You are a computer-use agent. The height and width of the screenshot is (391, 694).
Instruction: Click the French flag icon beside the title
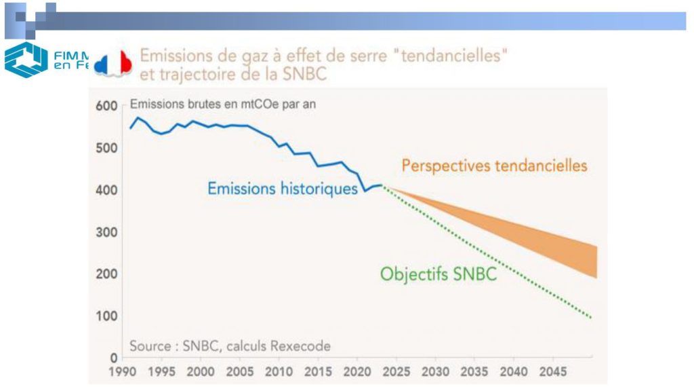coord(113,62)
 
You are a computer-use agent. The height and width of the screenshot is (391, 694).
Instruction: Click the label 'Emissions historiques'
coord(282,188)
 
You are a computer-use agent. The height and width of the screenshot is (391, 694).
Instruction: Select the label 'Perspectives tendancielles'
coord(494,165)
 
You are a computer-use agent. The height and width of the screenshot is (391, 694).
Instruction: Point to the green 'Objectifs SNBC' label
coord(438,274)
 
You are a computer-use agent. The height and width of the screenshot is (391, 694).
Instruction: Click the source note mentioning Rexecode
coord(230,346)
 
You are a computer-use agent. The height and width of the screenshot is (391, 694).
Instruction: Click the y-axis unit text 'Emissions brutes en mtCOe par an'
coord(222,105)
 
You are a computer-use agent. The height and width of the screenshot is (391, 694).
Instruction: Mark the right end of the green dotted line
coord(591,318)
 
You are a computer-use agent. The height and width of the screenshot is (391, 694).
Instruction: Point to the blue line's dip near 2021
coord(365,191)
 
